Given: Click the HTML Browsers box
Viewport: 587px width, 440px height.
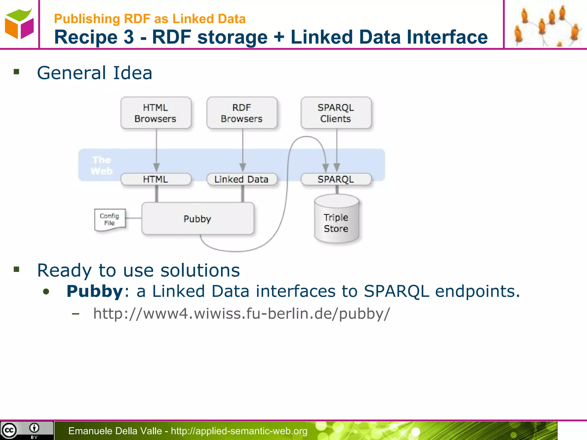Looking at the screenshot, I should click(x=156, y=113).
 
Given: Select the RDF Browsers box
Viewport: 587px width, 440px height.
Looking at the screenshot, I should click(x=242, y=113).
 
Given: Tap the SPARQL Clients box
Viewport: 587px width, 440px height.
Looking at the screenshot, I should click(x=336, y=113).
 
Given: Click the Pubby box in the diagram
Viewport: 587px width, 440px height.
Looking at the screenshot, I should click(x=197, y=219).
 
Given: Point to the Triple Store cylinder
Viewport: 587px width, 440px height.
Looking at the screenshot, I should click(x=336, y=221).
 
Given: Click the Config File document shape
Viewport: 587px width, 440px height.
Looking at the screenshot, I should click(x=110, y=219).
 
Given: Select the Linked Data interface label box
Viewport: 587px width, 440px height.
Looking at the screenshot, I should click(x=242, y=179).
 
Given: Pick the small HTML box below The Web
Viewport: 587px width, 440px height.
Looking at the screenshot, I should click(x=156, y=179).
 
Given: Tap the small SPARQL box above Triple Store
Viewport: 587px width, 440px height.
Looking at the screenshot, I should click(x=336, y=179).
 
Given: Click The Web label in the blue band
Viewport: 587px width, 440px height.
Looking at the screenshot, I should click(x=101, y=165).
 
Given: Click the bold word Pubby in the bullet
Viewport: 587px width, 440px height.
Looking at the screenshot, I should click(x=95, y=291).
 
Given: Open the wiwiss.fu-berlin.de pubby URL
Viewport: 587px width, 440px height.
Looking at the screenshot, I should click(x=241, y=313).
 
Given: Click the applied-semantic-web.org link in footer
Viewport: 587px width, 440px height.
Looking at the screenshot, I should click(x=239, y=431).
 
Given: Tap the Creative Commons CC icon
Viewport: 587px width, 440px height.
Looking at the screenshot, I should click(x=9, y=430).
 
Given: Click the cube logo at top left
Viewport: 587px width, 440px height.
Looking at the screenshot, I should click(x=19, y=23).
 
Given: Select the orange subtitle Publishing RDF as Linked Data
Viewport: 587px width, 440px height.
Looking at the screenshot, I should click(x=150, y=19).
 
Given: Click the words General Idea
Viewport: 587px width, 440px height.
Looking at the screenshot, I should click(x=95, y=73).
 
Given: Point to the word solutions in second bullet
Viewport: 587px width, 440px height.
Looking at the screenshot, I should click(x=200, y=270).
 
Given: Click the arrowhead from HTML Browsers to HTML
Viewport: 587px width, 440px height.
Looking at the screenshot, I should click(x=156, y=167).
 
